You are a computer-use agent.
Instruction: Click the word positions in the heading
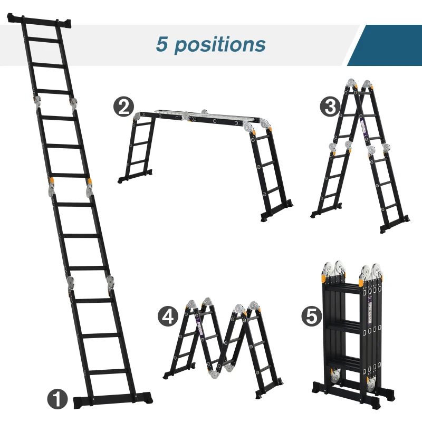(219, 44)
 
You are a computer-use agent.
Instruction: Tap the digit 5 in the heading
(161, 44)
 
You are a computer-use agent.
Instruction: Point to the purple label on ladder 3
(362, 126)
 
